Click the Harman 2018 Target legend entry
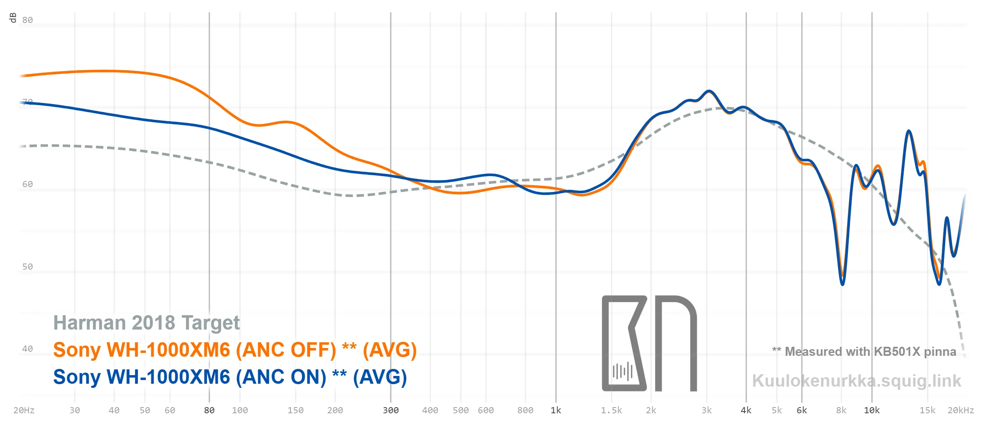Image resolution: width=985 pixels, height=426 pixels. (x=147, y=323)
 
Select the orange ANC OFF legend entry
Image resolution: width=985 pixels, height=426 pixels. (x=235, y=350)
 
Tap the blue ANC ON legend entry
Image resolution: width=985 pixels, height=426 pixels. (x=230, y=377)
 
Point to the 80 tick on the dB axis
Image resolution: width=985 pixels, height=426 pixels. (x=27, y=20)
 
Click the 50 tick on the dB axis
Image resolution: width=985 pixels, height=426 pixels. (x=27, y=267)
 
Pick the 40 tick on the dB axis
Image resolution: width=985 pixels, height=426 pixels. (x=27, y=349)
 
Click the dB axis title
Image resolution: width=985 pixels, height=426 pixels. (x=13, y=18)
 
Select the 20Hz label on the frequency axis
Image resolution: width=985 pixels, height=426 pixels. (x=24, y=410)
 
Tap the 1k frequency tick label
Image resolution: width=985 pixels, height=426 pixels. (x=556, y=410)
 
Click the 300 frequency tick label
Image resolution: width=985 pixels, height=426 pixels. (x=391, y=410)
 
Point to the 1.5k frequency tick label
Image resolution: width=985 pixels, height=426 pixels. (x=612, y=410)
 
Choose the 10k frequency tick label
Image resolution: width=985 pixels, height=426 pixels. (x=872, y=410)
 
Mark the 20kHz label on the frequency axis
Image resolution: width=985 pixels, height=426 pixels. (x=961, y=410)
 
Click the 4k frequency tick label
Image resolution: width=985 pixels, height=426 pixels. (x=746, y=410)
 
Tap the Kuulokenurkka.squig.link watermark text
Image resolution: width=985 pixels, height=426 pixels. (x=857, y=381)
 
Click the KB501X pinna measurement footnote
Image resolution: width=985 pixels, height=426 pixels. (x=864, y=352)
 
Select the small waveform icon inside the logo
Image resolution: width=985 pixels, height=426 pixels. (x=623, y=371)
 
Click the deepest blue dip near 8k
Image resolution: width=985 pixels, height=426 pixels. (x=842, y=283)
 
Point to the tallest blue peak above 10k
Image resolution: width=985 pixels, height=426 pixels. (x=909, y=131)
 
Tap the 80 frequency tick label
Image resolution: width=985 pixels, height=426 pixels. (x=209, y=410)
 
